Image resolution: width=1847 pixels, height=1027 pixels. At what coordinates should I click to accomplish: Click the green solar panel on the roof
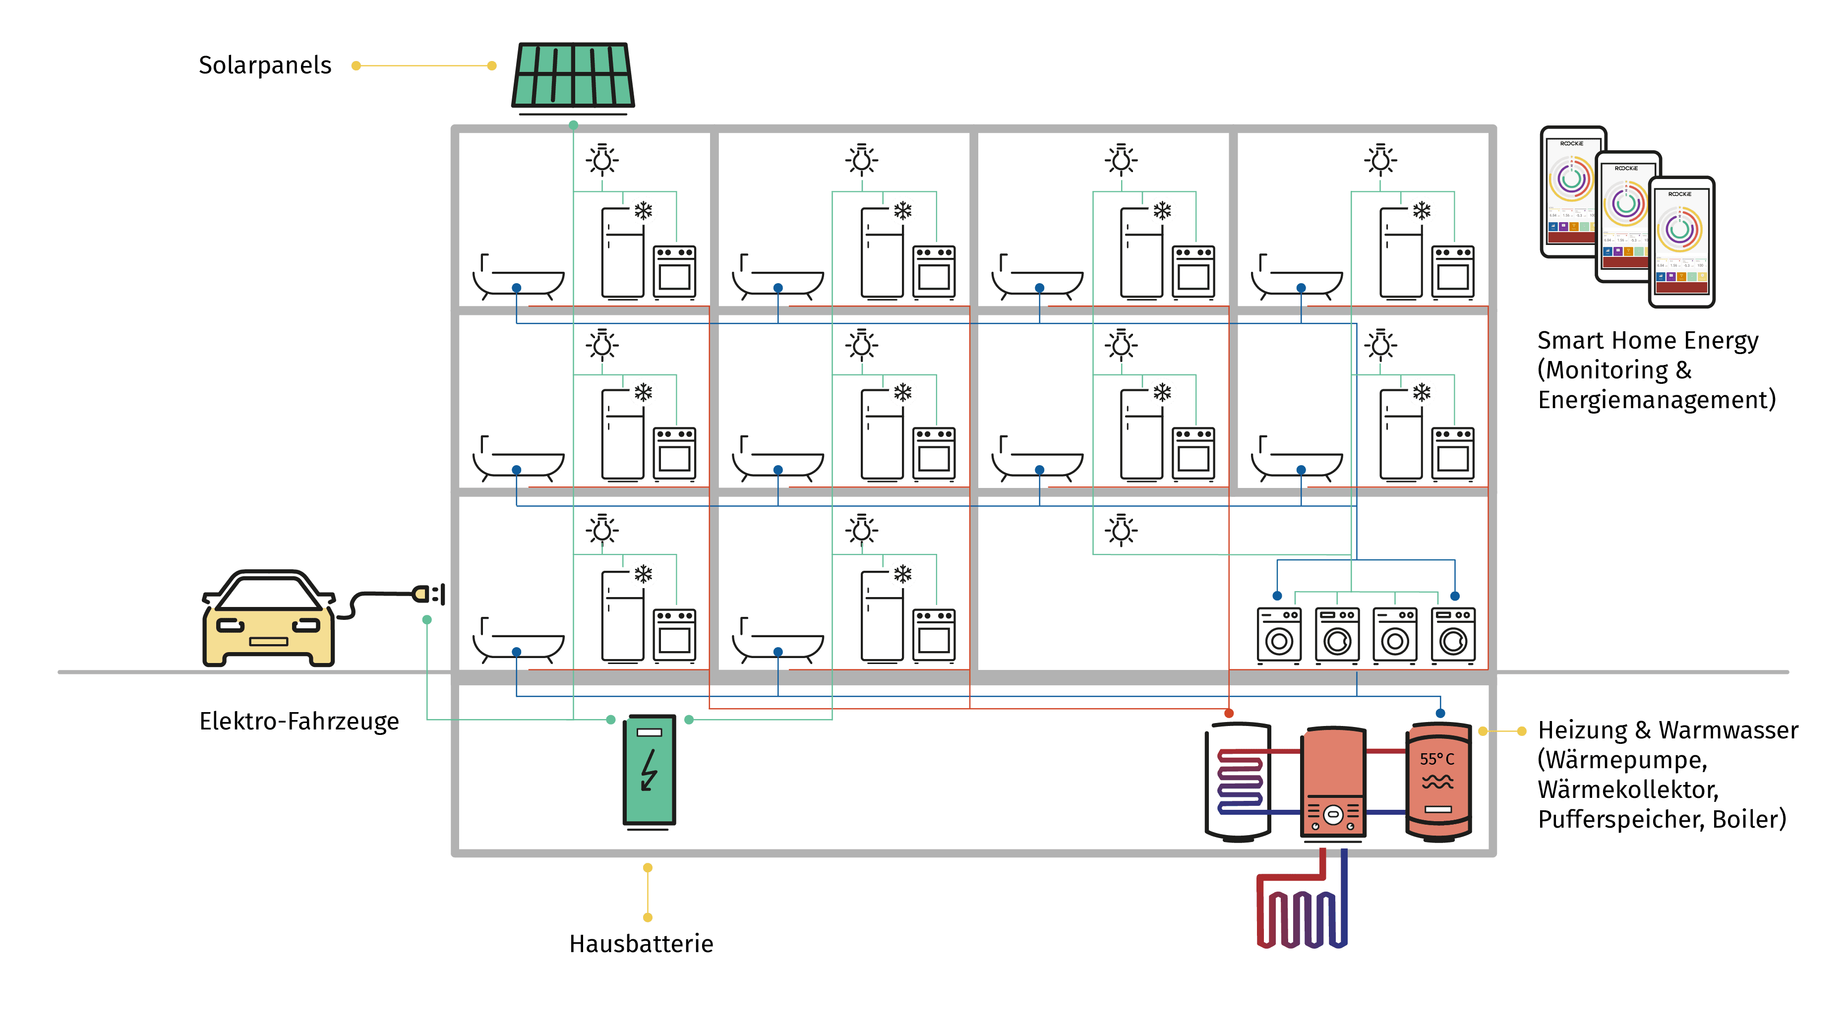click(x=573, y=75)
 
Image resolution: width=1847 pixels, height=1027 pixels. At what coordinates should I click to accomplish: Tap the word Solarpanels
click(x=265, y=65)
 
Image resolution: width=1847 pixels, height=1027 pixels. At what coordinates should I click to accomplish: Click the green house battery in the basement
click(x=649, y=771)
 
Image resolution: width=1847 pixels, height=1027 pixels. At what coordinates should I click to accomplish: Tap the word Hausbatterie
click(x=641, y=944)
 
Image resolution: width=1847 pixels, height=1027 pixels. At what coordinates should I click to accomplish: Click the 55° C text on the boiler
click(x=1437, y=759)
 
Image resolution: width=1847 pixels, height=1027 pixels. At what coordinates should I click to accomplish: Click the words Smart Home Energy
click(x=1647, y=340)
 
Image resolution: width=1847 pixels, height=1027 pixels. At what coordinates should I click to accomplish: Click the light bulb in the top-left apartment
click(x=602, y=160)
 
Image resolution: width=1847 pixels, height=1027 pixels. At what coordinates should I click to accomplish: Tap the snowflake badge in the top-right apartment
click(x=1421, y=211)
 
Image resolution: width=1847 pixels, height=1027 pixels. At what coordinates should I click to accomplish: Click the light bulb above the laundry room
click(x=1121, y=531)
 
